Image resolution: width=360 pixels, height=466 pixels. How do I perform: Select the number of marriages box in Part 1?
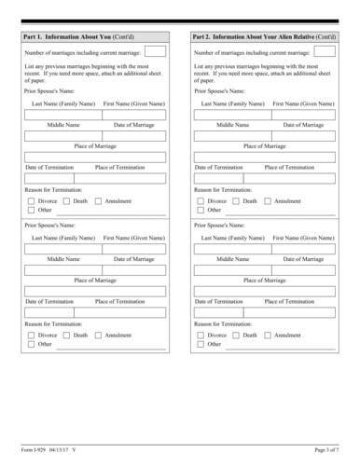point(155,53)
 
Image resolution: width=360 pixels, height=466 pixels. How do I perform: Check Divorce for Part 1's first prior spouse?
point(32,200)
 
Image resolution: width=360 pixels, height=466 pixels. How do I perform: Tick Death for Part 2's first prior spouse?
point(239,200)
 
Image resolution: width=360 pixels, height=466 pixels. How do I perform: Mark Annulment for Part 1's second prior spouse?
point(99,335)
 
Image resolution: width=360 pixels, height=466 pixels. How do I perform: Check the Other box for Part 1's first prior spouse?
point(32,211)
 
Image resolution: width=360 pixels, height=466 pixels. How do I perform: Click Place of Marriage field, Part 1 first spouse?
point(95,158)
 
